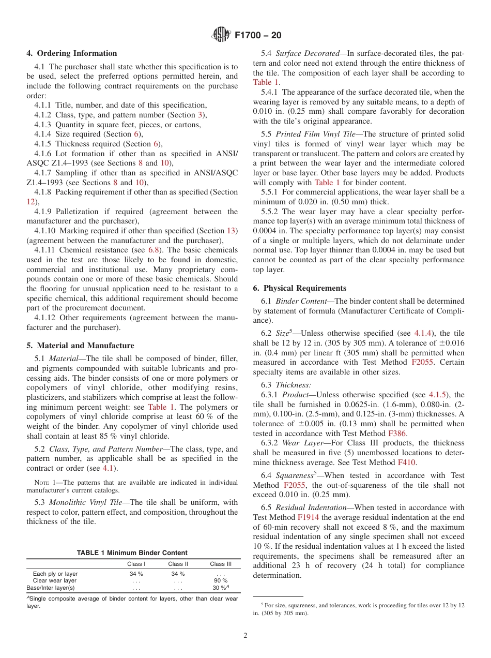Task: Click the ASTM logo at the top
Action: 221,35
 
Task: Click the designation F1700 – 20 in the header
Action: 257,35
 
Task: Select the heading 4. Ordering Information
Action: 72,53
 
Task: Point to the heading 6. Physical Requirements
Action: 300,288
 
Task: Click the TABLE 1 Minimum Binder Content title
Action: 132,553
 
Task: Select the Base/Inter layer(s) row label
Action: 51,588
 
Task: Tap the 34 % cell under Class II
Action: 178,574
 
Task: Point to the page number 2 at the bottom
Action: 245,636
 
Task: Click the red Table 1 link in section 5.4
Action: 266,82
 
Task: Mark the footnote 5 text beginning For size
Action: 362,605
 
